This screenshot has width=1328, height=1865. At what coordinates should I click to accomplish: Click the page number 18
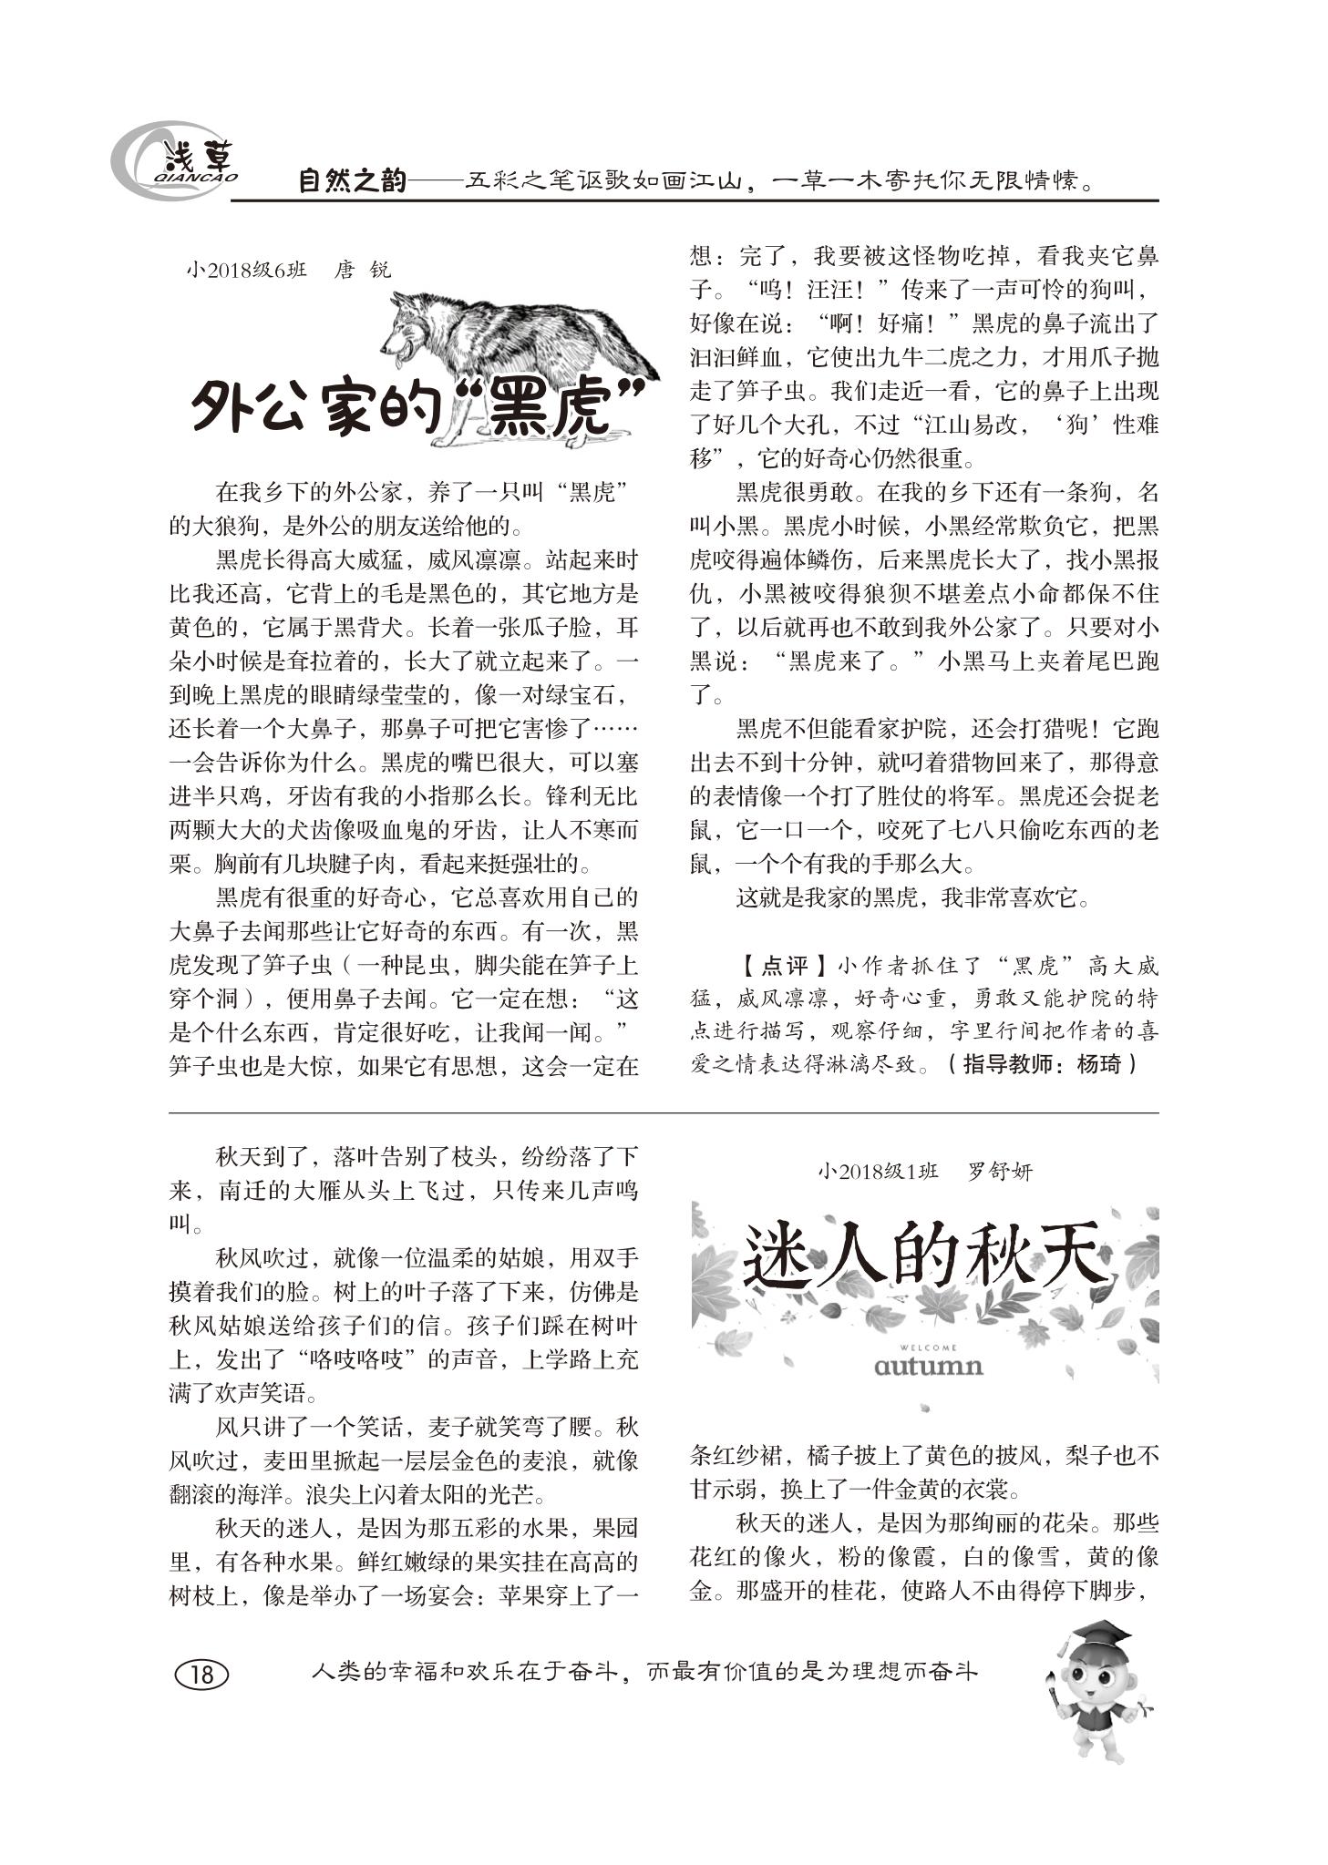pos(201,1673)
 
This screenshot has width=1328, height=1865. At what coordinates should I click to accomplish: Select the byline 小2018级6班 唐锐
pos(288,271)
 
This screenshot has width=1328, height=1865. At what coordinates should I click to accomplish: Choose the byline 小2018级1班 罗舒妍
pos(924,1172)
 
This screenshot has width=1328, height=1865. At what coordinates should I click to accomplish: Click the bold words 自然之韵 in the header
pos(351,181)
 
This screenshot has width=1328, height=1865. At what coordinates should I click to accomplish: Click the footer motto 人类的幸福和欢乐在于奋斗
pos(465,1672)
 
